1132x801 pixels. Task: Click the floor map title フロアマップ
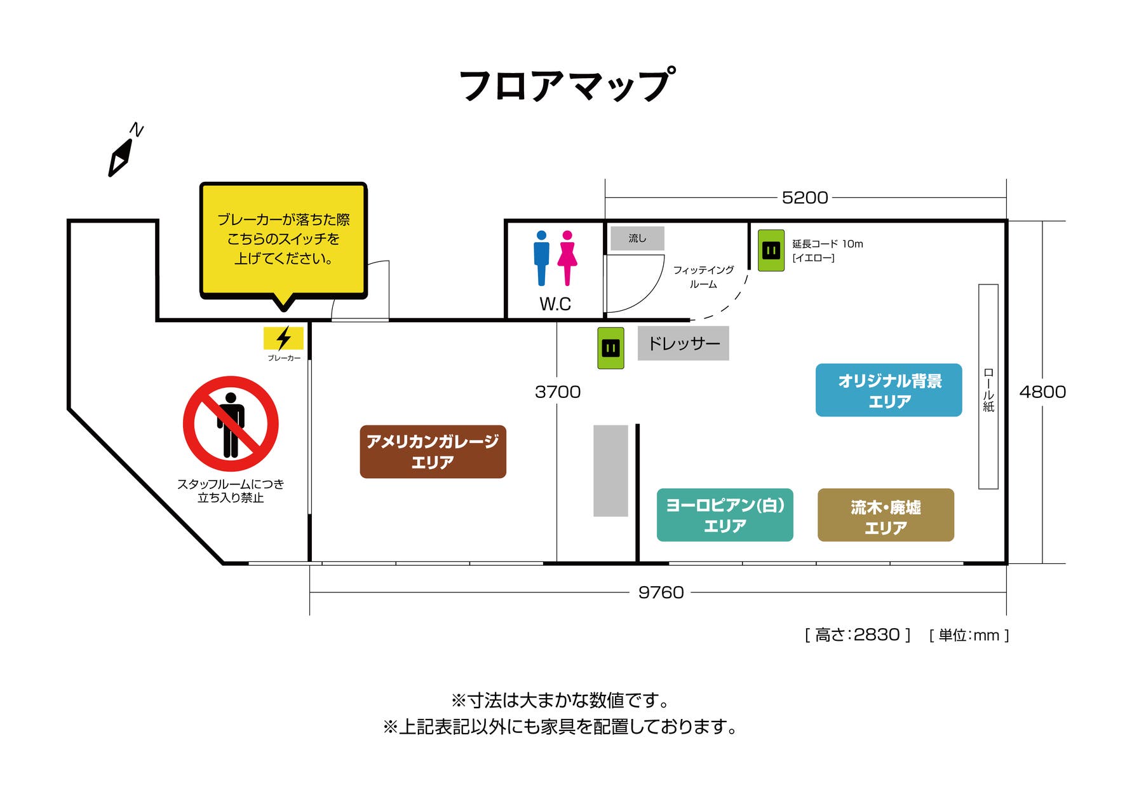pos(566,85)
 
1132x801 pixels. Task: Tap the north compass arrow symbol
pos(121,157)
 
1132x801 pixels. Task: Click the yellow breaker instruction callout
pos(283,240)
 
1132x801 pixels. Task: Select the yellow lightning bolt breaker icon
pos(283,338)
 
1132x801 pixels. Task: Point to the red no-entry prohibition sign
pos(231,423)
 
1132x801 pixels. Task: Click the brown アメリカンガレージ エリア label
pos(433,451)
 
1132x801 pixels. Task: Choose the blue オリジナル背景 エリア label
pos(889,390)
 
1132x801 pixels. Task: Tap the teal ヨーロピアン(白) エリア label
pos(725,515)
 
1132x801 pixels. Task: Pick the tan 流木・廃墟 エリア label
pos(886,515)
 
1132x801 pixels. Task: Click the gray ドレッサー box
pos(684,343)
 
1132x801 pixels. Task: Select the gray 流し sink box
pos(637,238)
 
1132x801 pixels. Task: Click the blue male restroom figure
pos(541,257)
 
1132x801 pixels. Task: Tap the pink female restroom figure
pos(567,257)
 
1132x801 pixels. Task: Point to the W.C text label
pos(555,304)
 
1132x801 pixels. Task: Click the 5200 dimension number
pos(805,198)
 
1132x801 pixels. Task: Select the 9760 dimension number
pos(661,592)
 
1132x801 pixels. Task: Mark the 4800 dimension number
pos(1042,392)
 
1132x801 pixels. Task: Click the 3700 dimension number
pos(558,392)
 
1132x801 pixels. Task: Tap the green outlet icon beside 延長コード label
pos(771,250)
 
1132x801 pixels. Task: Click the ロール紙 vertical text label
pos(988,389)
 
